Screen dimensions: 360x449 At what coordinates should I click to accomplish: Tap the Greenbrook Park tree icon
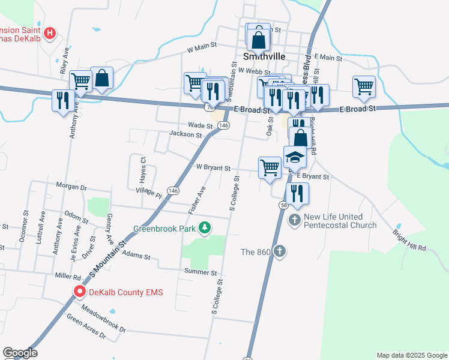click(x=205, y=227)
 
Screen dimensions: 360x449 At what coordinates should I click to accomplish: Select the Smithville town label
click(x=264, y=56)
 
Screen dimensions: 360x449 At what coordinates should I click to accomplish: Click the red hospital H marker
click(x=51, y=32)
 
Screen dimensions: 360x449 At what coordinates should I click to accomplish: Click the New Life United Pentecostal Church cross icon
click(x=295, y=220)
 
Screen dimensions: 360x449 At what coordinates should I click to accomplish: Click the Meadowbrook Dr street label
click(x=103, y=320)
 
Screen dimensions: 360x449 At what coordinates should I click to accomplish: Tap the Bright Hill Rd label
click(x=409, y=239)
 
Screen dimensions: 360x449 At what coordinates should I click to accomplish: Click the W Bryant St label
click(x=209, y=168)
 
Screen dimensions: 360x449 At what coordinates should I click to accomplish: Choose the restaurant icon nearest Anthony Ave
click(x=63, y=100)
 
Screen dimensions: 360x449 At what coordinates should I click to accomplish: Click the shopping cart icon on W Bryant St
click(x=270, y=167)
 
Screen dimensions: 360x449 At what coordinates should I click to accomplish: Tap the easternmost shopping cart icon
click(x=364, y=86)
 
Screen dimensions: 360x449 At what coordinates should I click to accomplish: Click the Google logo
click(x=20, y=353)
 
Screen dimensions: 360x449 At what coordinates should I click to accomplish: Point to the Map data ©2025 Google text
click(x=411, y=355)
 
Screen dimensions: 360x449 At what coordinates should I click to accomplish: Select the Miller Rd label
click(x=68, y=277)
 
